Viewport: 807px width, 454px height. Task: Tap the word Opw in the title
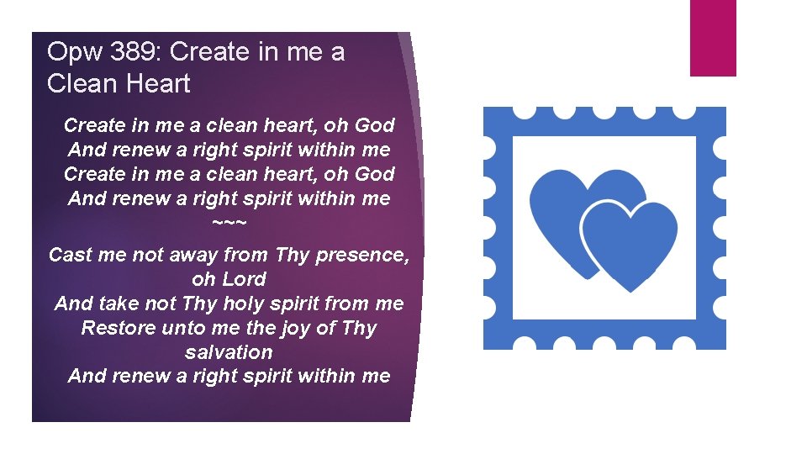coord(71,53)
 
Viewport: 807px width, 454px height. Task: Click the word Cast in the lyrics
coord(71,255)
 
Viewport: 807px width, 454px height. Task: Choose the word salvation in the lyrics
coord(229,352)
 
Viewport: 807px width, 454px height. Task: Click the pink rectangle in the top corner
coord(713,37)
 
